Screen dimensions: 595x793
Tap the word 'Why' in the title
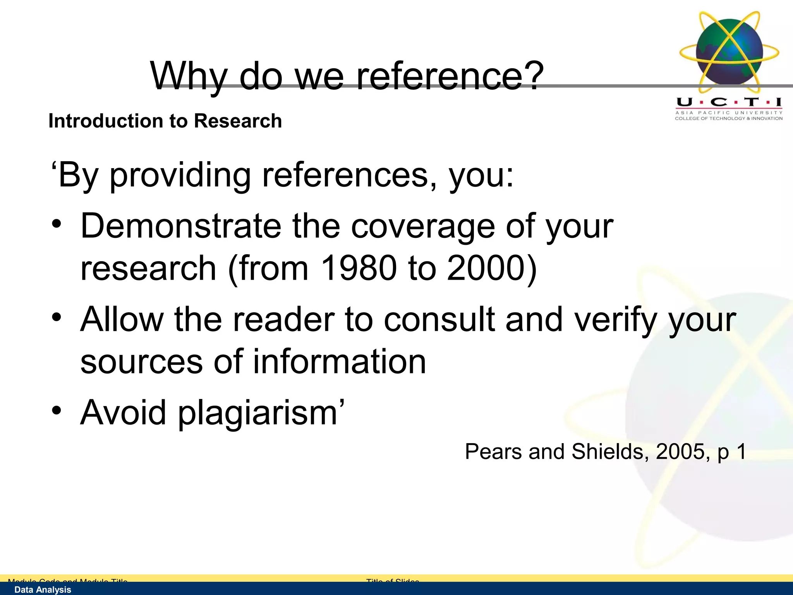(x=189, y=77)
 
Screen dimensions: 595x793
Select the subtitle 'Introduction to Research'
(x=165, y=121)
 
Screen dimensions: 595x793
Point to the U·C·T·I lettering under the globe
(x=729, y=102)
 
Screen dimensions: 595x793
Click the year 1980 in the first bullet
(x=359, y=268)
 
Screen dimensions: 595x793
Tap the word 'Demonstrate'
(x=181, y=226)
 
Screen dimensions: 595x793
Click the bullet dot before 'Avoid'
(x=57, y=411)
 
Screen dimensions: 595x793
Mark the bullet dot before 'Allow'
(x=57, y=317)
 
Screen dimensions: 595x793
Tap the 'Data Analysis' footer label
(x=43, y=590)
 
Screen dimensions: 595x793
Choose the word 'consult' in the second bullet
(x=439, y=320)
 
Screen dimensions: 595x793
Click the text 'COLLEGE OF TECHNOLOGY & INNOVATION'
(x=729, y=119)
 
